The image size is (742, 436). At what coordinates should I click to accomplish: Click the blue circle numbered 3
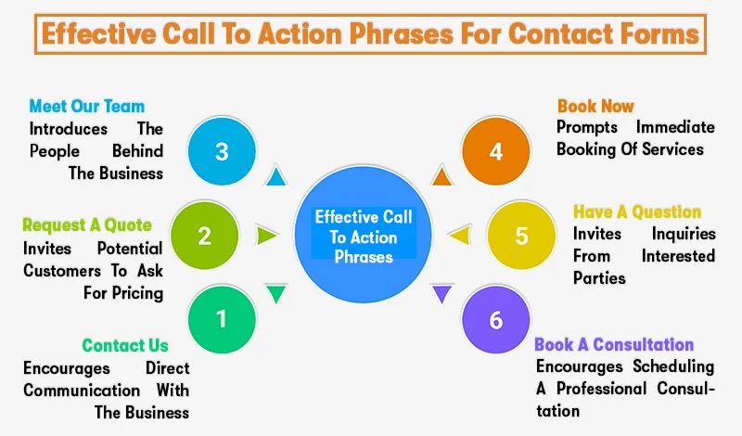coord(222,151)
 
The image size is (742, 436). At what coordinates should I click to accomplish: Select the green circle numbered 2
coord(204,236)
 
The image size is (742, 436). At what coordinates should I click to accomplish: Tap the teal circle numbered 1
coord(222,320)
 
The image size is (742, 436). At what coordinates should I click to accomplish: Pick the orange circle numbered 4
coord(496,151)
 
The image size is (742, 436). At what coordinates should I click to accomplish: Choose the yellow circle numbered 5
coord(521,236)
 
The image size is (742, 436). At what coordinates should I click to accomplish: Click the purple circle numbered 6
coord(496,320)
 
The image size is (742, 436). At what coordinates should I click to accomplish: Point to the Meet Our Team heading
coord(86,106)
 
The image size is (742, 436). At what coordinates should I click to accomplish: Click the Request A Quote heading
coord(87,225)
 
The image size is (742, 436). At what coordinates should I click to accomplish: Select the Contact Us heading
coord(125,346)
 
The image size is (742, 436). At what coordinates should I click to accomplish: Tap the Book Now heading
coord(595,106)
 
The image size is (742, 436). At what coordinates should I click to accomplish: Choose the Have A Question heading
coord(637,212)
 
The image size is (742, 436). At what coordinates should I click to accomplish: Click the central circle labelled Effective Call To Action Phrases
coord(365,237)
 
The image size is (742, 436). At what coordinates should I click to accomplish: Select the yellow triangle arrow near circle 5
coord(455,237)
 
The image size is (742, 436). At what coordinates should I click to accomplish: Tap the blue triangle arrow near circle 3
coord(275,175)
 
